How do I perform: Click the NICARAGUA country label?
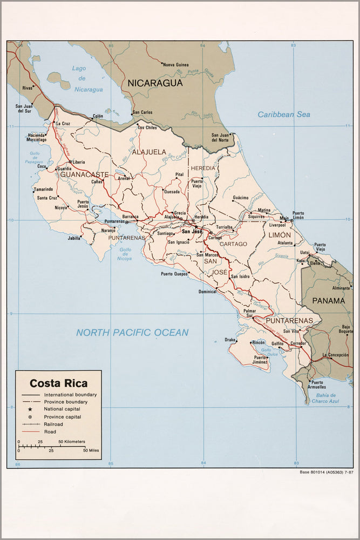point(155,83)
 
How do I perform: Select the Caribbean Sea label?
point(284,114)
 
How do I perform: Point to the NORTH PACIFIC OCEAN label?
point(132,333)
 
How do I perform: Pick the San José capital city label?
point(192,232)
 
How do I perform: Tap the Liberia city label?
point(79,162)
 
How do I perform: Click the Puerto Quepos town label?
point(174,274)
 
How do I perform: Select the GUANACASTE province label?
point(85,174)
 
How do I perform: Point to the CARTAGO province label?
point(233,244)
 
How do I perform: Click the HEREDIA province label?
point(202,168)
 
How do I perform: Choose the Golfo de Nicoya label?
point(125,254)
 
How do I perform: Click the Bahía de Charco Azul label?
point(324,398)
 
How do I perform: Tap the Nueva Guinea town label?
point(176,64)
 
